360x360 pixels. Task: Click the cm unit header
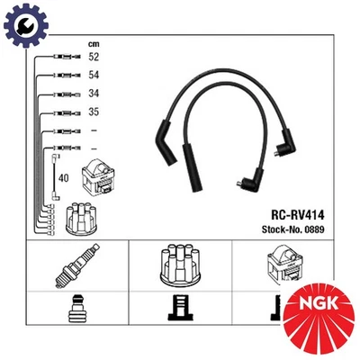pos(93,42)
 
